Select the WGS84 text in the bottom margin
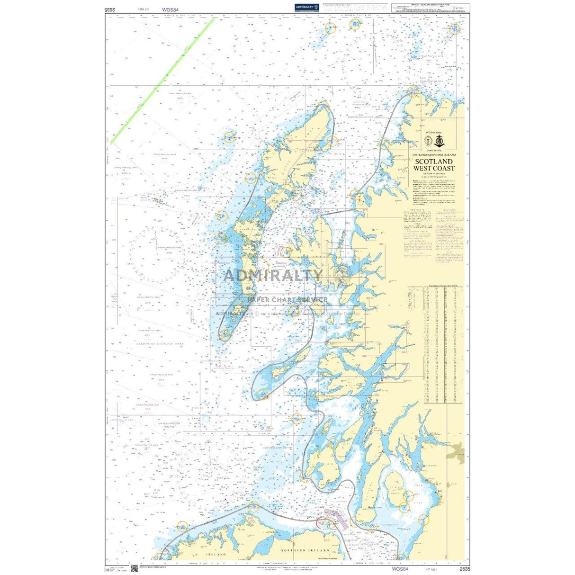pos(400,568)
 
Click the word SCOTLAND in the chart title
pos(433,162)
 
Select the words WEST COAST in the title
pos(433,168)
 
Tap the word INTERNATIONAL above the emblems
pos(433,133)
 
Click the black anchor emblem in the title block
pos(439,141)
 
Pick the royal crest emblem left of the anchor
pos(428,141)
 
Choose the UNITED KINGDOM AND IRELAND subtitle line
pos(433,155)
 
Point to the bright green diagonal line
pos(163,81)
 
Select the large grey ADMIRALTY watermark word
pos(272,275)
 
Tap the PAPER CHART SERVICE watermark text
pos(287,300)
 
